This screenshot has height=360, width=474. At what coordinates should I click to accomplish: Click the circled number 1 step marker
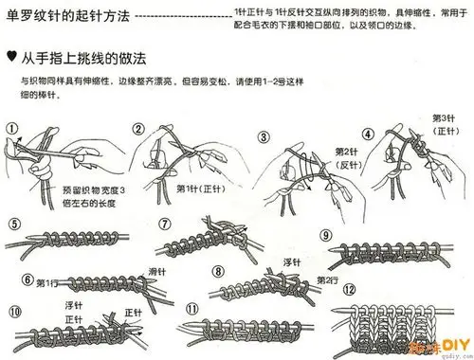coord(11,128)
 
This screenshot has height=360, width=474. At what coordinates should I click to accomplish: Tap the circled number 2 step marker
coord(138,129)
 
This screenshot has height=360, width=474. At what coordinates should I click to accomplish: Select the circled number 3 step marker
coord(264,136)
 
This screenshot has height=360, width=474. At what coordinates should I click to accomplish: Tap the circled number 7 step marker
coord(164,224)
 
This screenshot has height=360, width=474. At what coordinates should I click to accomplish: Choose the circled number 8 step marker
coord(218,270)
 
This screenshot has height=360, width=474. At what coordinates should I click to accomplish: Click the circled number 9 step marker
coord(325,234)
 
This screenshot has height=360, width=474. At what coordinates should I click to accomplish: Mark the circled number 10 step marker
coord(12,312)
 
